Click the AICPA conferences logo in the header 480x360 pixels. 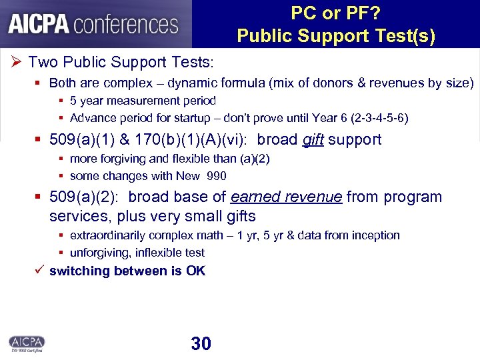tap(93, 24)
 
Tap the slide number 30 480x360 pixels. tap(201, 343)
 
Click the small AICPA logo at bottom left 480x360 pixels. tap(27, 342)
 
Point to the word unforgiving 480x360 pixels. tap(101, 253)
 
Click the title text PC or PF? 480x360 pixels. tap(336, 14)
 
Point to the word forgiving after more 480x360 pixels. tap(121, 159)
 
